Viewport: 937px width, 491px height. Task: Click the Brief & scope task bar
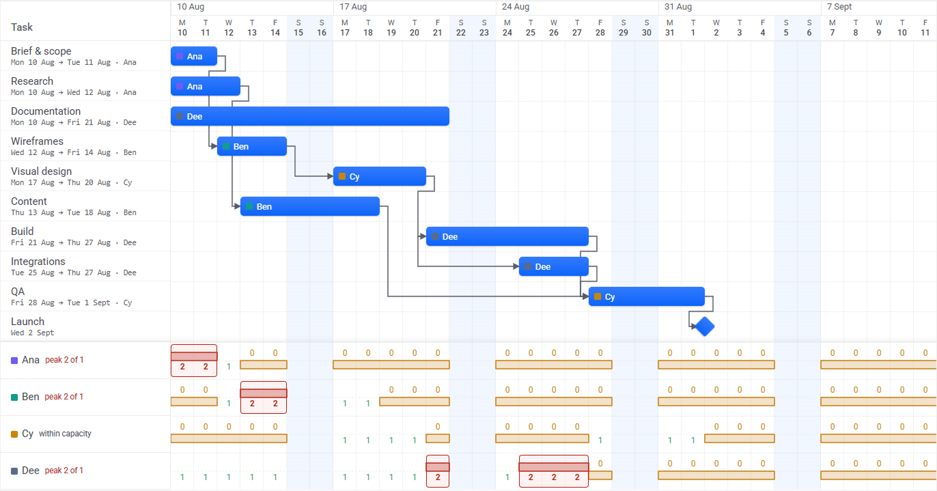coord(194,56)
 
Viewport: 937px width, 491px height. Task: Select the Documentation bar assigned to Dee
coord(310,116)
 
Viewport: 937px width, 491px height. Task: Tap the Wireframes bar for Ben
coord(252,146)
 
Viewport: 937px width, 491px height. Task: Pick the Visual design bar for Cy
coord(380,176)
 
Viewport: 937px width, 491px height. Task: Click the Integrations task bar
coord(553,266)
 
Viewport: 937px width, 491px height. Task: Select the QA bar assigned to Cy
coord(646,296)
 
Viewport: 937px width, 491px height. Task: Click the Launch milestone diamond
coord(705,326)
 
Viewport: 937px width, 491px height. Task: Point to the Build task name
coord(22,232)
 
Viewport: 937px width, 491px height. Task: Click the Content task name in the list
coord(29,201)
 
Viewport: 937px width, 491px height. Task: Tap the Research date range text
coord(74,92)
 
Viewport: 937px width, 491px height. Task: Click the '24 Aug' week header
coord(516,7)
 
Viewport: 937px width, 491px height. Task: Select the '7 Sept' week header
coord(839,7)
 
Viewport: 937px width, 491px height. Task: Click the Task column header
coord(22,27)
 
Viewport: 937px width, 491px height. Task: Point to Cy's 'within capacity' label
coord(65,434)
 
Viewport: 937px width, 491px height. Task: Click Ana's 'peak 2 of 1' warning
coord(64,360)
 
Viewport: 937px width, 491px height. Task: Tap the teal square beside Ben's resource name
coord(14,397)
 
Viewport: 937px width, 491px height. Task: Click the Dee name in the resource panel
coord(31,471)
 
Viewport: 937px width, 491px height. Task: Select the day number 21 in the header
coord(438,33)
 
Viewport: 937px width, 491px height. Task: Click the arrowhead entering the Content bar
coord(238,206)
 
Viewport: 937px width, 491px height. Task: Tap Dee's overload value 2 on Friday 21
coord(438,477)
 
